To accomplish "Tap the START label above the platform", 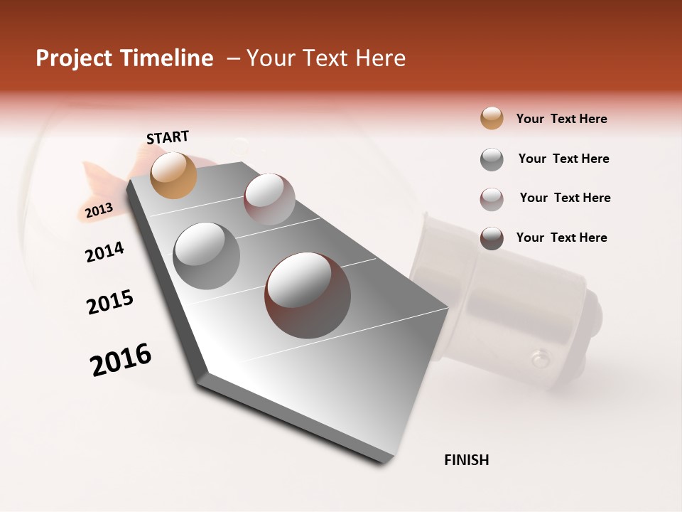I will click(x=168, y=137).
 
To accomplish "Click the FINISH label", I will click(x=466, y=460).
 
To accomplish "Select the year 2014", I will click(x=104, y=252).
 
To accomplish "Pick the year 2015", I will click(x=110, y=302).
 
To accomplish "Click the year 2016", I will click(x=121, y=360).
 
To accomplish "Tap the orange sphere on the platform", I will click(x=173, y=175).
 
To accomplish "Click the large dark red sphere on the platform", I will click(x=308, y=294).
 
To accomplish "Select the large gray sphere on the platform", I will click(x=206, y=255).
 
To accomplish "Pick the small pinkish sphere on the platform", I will click(x=269, y=198).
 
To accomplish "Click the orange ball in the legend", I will click(x=492, y=118).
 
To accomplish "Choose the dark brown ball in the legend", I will click(x=492, y=238).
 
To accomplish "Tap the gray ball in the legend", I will click(x=492, y=159).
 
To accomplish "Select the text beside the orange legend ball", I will click(x=561, y=119).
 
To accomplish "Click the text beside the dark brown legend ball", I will click(x=561, y=238).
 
